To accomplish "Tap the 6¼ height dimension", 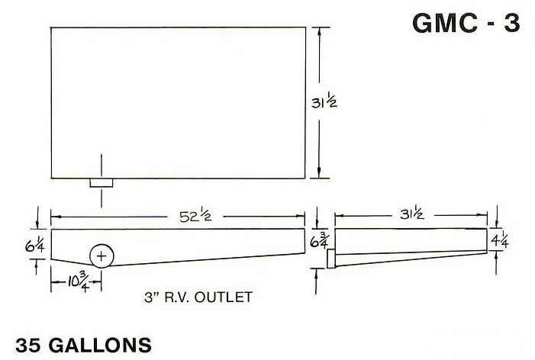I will pos(18,244).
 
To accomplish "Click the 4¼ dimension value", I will pos(501,238).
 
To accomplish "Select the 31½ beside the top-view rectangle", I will pos(333,102).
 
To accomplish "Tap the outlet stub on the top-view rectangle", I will pos(102,183).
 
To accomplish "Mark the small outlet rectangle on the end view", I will pos(330,259).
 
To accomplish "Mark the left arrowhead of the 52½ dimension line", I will pos(53,217).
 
